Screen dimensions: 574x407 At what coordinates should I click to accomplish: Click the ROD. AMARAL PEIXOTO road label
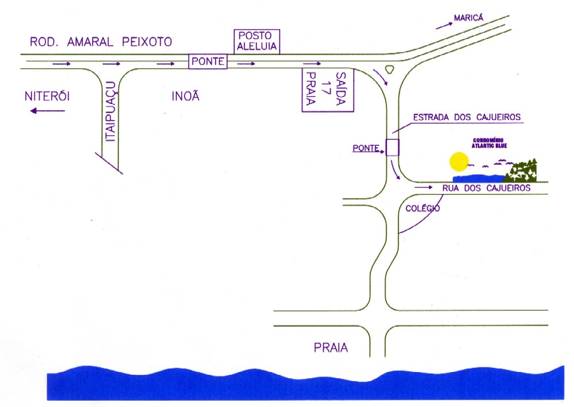100,42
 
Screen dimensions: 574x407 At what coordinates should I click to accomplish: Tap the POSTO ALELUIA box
257,42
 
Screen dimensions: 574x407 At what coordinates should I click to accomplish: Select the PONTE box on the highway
208,61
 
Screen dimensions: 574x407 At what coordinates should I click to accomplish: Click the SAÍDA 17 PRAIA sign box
328,90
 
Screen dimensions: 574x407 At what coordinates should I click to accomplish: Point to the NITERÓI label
47,96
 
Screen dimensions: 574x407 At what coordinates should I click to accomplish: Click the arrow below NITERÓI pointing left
48,111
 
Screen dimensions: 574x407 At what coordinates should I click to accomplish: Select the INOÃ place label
185,96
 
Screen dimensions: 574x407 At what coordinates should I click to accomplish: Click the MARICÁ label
468,18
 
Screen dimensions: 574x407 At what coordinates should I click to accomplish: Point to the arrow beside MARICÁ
444,25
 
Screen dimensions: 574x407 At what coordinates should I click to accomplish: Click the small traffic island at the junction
389,69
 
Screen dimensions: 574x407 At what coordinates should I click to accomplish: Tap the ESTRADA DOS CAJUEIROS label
467,117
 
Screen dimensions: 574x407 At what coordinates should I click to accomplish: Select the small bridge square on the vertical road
393,148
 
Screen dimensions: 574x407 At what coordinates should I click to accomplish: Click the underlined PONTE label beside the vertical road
366,148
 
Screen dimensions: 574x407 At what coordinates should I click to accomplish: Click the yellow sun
459,162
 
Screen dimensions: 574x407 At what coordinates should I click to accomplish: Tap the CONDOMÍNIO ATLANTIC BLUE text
489,143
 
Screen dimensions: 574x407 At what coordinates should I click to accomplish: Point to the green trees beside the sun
521,171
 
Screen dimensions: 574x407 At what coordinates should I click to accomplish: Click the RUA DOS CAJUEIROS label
487,188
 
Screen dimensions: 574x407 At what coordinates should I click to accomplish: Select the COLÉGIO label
423,208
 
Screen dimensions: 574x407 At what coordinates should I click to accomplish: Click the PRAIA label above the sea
331,347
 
